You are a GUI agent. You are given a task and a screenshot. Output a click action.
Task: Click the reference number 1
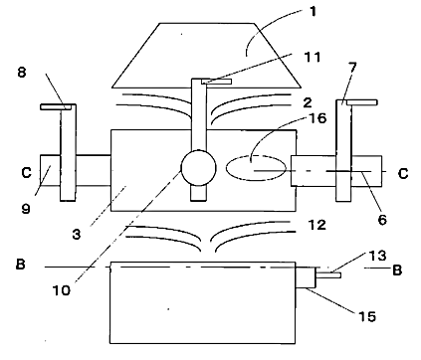[x=313, y=12]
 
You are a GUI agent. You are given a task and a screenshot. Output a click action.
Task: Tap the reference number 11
[x=313, y=57]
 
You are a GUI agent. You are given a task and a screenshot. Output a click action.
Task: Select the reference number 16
[x=317, y=118]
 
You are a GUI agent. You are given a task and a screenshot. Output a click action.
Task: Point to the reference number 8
[x=22, y=72]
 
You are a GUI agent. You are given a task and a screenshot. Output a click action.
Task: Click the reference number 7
[x=352, y=67]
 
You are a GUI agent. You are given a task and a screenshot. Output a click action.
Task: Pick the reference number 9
[x=26, y=208]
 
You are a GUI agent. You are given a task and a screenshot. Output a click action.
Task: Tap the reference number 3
[x=77, y=234]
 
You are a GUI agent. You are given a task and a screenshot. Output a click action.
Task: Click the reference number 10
[x=62, y=290]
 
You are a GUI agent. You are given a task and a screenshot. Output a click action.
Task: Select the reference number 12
[x=317, y=225]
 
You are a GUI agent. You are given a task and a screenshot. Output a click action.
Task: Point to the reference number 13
[x=378, y=256]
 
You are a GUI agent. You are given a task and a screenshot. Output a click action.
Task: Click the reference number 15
[x=367, y=317]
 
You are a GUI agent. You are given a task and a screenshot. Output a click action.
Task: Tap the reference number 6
[x=382, y=220]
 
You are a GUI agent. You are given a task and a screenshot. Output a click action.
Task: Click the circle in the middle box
[x=198, y=168]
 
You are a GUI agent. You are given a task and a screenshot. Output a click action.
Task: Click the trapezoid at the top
[x=206, y=56]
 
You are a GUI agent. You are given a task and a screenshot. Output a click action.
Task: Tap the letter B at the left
[x=21, y=265]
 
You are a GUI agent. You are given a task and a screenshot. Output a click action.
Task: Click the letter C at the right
[x=403, y=173]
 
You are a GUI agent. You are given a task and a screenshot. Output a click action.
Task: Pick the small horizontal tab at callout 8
[x=56, y=107]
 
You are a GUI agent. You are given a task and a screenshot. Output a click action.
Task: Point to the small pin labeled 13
[x=328, y=274]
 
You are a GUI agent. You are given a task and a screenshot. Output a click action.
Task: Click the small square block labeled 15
[x=306, y=277]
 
